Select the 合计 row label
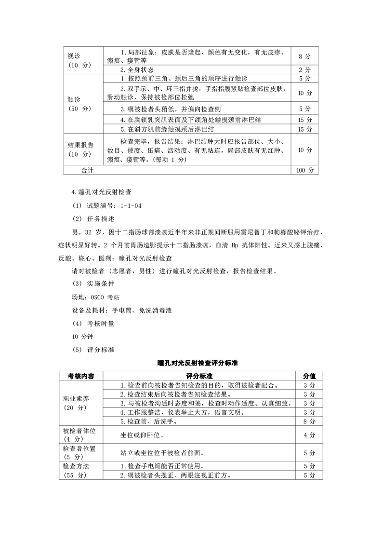(88, 170)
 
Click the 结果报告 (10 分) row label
(80, 149)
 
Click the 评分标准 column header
(199, 376)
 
